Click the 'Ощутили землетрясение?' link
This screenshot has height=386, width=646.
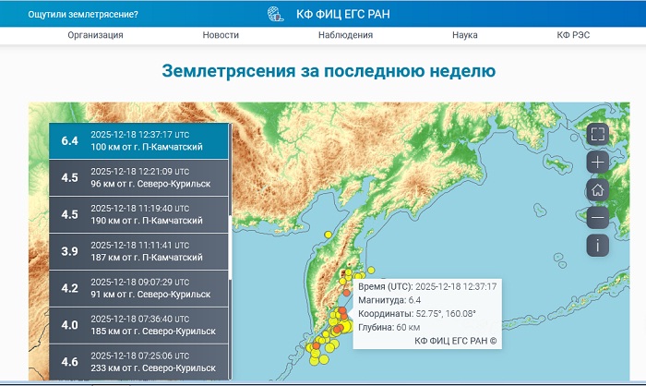[83, 15]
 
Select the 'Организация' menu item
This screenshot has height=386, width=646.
[95, 35]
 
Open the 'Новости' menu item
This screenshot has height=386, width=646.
[221, 35]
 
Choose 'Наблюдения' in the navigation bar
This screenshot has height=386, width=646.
[345, 35]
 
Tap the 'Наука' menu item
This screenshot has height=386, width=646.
[464, 35]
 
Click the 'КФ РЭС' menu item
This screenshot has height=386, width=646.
[574, 35]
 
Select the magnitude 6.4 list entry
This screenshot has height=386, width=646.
[138, 140]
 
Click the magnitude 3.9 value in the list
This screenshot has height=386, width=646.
[69, 251]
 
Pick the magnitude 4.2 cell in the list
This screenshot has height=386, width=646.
[69, 287]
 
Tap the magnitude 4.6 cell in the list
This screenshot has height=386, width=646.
[69, 361]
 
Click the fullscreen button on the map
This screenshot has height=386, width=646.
[597, 134]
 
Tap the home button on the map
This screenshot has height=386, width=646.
[597, 189]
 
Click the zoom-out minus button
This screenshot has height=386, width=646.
[597, 217]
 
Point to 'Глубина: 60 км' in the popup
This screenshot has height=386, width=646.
[389, 327]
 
